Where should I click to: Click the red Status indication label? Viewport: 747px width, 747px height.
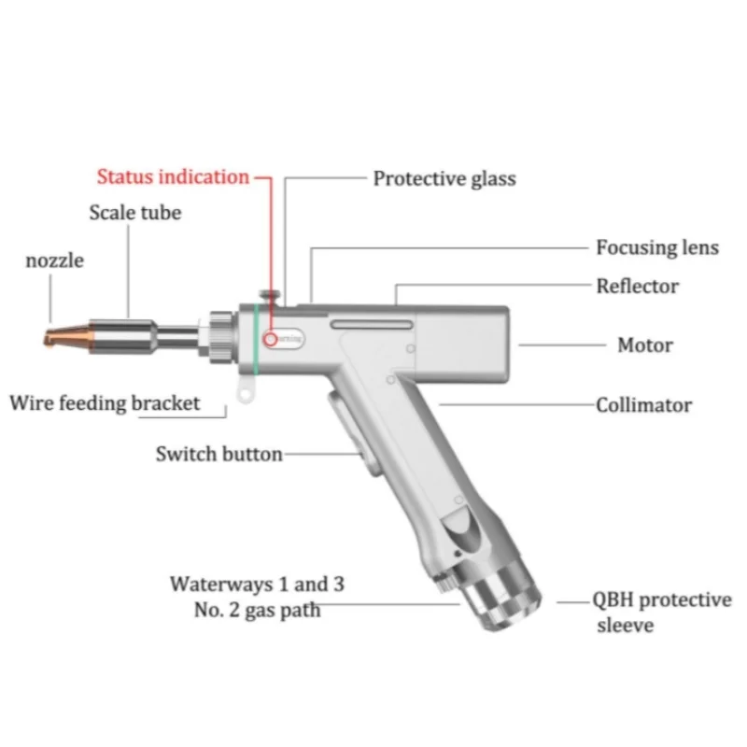click(x=174, y=176)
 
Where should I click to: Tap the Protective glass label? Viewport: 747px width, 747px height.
click(x=444, y=177)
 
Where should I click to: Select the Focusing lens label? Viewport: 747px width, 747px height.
click(x=657, y=247)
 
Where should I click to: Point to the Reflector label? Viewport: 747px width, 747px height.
click(x=638, y=286)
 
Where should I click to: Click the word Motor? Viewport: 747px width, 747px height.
click(x=645, y=345)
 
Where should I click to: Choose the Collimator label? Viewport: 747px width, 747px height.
click(x=644, y=405)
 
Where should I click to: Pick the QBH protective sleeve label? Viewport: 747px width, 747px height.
click(x=663, y=612)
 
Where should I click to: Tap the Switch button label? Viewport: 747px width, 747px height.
click(x=218, y=455)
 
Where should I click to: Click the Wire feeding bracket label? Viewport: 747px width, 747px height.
click(x=105, y=404)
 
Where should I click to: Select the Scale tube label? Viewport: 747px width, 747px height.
click(x=135, y=212)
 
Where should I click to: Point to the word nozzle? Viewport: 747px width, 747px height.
click(x=54, y=261)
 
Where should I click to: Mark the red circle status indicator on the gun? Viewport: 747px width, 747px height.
click(x=271, y=339)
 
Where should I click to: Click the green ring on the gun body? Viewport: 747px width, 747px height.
click(x=254, y=337)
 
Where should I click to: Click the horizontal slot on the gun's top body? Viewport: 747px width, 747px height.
click(x=370, y=324)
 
